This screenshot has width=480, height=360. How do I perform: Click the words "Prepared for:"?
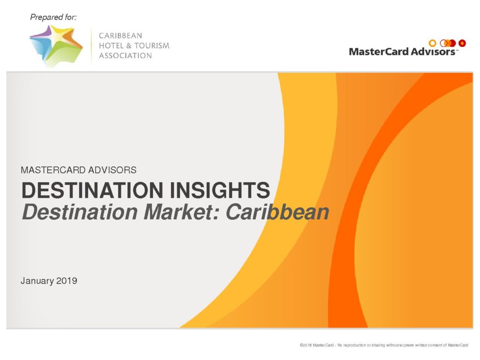pyautogui.click(x=53, y=17)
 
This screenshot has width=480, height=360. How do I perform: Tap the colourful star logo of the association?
pyautogui.click(x=56, y=46)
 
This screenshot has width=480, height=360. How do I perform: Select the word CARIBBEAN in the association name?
pyautogui.click(x=120, y=36)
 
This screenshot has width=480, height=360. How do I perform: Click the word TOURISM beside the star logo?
pyautogui.click(x=152, y=45)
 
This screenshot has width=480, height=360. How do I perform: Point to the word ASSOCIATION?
pyautogui.click(x=125, y=55)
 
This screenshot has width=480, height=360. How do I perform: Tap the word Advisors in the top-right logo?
pyautogui.click(x=433, y=52)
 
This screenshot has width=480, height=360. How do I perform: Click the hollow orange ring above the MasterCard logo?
pyautogui.click(x=432, y=43)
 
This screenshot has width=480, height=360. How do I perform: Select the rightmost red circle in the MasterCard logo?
pyautogui.click(x=462, y=43)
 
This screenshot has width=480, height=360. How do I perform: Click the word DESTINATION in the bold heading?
pyautogui.click(x=92, y=190)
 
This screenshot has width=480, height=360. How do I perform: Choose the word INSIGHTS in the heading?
pyautogui.click(x=220, y=190)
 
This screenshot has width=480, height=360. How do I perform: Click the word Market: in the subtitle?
pyautogui.click(x=182, y=212)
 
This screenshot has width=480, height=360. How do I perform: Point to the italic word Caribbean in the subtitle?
pyautogui.click(x=277, y=212)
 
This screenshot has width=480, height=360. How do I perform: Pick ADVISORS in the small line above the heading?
pyautogui.click(x=108, y=170)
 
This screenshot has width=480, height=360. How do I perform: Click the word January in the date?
pyautogui.click(x=37, y=281)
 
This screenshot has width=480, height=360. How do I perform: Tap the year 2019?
pyautogui.click(x=67, y=280)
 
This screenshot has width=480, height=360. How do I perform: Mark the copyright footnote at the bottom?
pyautogui.click(x=384, y=345)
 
